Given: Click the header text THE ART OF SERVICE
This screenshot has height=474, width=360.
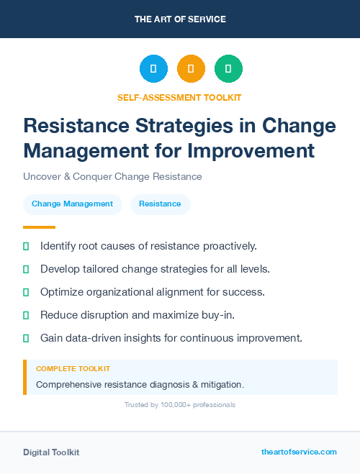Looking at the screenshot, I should [180, 19].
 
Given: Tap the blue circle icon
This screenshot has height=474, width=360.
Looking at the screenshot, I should [153, 69].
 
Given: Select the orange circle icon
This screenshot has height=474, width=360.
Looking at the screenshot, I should [191, 69].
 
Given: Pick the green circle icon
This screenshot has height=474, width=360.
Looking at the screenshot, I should [228, 69].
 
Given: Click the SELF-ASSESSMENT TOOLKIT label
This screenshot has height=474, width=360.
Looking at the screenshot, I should [179, 97].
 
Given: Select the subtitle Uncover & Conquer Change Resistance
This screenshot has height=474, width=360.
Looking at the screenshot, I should [112, 176].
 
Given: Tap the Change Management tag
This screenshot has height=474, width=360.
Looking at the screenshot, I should [72, 204].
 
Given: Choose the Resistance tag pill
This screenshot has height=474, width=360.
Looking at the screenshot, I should [160, 204].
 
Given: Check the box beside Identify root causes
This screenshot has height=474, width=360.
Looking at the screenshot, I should [26, 246].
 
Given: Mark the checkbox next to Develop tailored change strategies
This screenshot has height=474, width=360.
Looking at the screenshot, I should [26, 269].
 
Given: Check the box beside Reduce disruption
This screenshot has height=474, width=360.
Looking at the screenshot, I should [26, 315].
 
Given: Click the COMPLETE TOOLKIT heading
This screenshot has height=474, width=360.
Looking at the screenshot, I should [73, 368].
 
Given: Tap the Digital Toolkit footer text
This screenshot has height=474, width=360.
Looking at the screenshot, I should [51, 452].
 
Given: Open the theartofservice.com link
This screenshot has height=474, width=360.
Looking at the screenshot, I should [299, 452].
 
